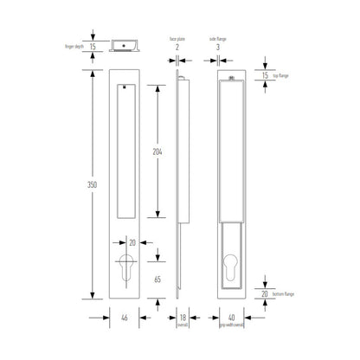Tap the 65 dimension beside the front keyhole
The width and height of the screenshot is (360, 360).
tap(157, 279)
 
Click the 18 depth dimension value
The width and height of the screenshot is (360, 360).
tap(182, 318)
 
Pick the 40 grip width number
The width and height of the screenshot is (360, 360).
tap(231, 318)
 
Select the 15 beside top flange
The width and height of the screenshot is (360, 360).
tap(264, 76)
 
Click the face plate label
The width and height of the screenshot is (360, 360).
tap(178, 39)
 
